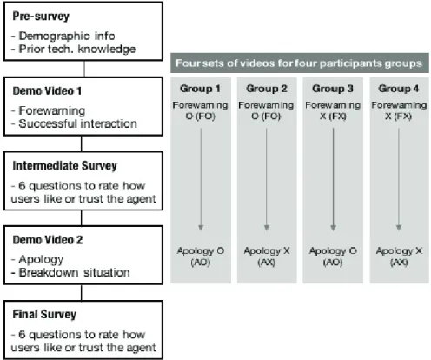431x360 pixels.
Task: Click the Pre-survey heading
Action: point(41,17)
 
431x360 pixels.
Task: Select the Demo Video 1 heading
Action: point(47,91)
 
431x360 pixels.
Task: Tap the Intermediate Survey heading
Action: point(64,166)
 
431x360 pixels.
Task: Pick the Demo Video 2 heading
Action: point(48,240)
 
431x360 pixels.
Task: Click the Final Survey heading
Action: point(44,315)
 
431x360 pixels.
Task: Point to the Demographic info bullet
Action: point(63,36)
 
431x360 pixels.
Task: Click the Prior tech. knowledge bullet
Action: point(73,50)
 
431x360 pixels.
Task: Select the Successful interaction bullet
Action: point(74,123)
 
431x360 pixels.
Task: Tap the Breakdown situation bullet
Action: point(70,273)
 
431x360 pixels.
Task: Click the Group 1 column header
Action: point(200,89)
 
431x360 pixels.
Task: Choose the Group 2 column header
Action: point(267,89)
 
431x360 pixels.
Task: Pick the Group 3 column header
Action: point(333,89)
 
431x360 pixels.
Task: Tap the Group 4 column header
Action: point(399,89)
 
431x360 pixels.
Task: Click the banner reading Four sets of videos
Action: point(300,63)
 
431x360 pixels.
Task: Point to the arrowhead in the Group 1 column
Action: point(201,227)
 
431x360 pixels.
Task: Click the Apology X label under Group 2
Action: point(267,257)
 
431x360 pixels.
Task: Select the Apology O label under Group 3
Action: point(333,257)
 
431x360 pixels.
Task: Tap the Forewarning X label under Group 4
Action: point(399,110)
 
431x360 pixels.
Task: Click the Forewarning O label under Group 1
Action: point(200,110)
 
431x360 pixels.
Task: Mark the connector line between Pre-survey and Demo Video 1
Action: point(84,69)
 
